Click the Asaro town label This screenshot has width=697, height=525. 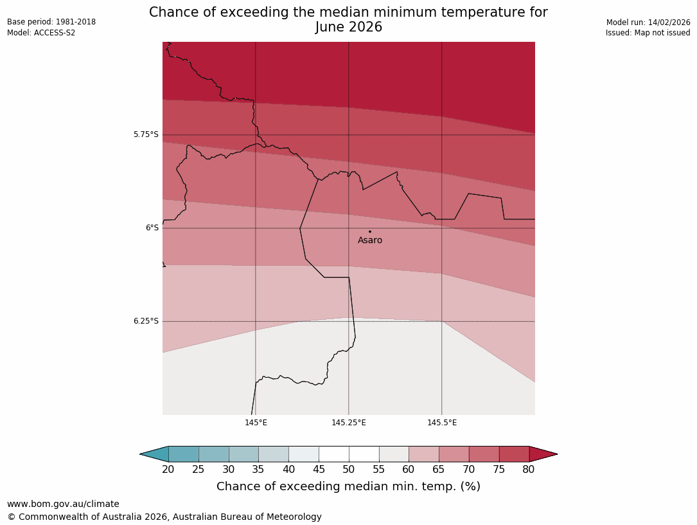pos(370,241)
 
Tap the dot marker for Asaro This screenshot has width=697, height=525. pos(369,232)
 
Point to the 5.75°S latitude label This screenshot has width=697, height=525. pos(146,134)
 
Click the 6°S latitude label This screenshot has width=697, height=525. pos(152,228)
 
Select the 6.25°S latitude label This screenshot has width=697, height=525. pos(146,321)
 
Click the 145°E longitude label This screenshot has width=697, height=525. pos(256,423)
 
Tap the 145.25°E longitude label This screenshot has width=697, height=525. pos(349,423)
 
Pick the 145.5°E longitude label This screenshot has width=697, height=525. pos(442,423)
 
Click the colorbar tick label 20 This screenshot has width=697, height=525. pos(168,470)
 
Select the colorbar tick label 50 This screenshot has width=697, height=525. pos(349,470)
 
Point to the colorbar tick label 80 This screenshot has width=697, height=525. pos(529,470)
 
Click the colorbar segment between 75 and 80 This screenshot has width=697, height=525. pos(514,454)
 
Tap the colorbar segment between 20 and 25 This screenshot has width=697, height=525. pos(184,454)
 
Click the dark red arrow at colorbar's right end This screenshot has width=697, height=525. pos(543,454)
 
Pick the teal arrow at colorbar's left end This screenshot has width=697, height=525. pos(155,454)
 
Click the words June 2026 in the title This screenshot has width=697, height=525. pos(349,27)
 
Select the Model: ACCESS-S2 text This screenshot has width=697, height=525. pos(41,33)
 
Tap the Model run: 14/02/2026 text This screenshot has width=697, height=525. pos(648,23)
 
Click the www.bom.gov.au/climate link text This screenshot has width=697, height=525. pos(63,504)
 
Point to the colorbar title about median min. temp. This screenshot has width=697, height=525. pos(348,487)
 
